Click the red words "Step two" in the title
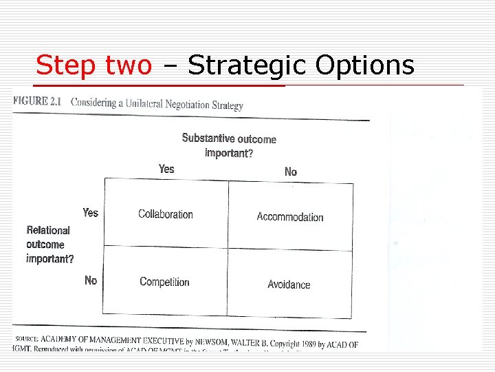[x=93, y=65]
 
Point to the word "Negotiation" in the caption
[x=188, y=105]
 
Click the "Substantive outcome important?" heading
[x=229, y=145]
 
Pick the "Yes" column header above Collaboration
[x=166, y=169]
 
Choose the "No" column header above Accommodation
[x=291, y=172]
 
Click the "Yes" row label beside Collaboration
[x=91, y=213]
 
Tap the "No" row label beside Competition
[x=91, y=280]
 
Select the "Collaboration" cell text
[x=166, y=214]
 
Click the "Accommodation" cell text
[x=290, y=217]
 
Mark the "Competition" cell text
[x=164, y=282]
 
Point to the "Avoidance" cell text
[x=289, y=285]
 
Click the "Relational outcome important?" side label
[x=49, y=245]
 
